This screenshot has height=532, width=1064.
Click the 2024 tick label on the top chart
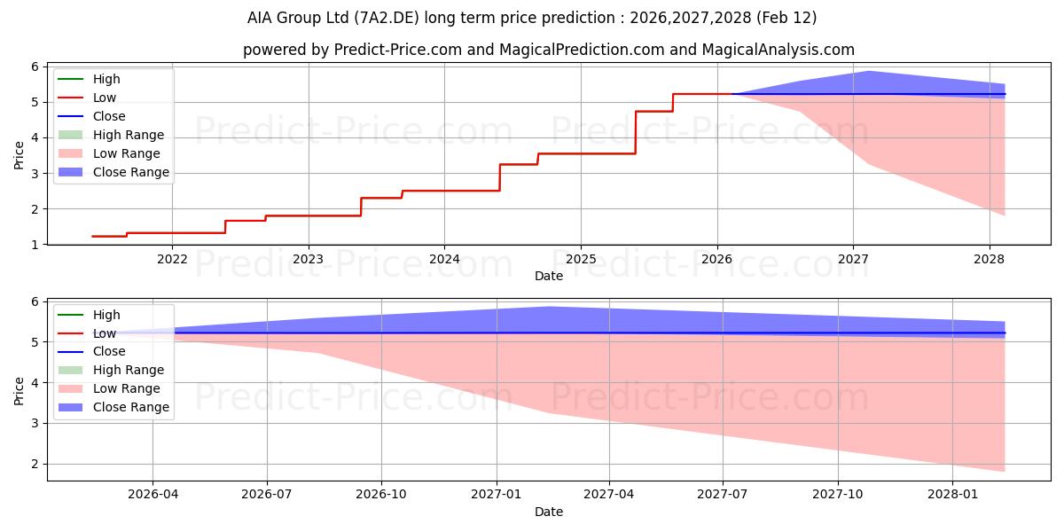pos(444,259)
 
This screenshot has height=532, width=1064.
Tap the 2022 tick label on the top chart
pos(172,259)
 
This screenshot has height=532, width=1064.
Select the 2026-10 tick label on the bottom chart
pos(381,495)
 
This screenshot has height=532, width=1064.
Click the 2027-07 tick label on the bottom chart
pos(723,495)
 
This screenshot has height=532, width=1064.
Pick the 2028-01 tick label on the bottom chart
pos(951,495)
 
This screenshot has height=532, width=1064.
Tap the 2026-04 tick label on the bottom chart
pos(153,495)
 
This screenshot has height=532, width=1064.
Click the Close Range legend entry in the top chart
pos(131,172)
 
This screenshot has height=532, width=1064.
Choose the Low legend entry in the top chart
pos(105,98)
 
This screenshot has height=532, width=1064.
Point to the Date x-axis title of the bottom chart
pos(549,512)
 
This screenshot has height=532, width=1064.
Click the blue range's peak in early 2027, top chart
pos(868,72)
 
